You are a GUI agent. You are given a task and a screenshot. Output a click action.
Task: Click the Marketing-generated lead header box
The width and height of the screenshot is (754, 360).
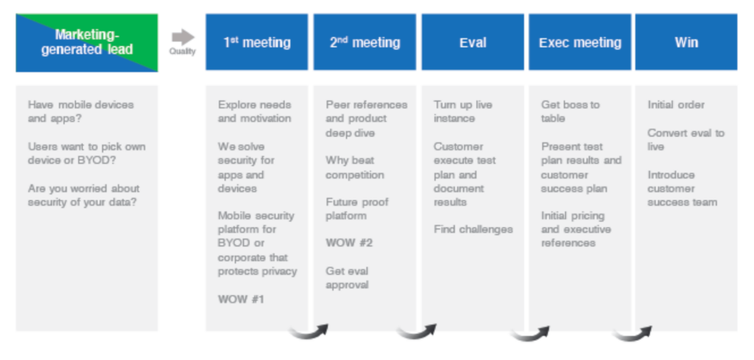tap(87, 43)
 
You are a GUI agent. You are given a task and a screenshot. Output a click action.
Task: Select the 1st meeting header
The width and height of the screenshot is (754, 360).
tap(257, 42)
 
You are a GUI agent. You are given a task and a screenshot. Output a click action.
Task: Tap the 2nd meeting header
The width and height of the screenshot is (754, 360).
tap(364, 42)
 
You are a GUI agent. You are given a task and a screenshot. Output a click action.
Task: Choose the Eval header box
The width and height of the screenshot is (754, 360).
tap(473, 42)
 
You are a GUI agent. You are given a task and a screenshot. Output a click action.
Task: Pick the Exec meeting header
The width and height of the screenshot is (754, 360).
tap(580, 42)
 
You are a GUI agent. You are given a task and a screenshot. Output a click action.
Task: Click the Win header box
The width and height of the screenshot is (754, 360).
tap(686, 42)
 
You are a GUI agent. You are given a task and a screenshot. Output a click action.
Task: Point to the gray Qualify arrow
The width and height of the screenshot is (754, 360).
tap(183, 38)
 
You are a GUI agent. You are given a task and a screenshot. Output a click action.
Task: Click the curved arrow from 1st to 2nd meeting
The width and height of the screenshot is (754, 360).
tap(309, 333)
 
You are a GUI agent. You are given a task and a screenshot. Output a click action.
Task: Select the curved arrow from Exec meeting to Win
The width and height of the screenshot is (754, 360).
tap(633, 334)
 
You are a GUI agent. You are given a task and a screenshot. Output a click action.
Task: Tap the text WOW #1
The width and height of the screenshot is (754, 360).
tap(241, 300)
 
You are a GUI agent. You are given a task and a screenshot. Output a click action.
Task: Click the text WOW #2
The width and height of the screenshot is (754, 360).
tap(349, 243)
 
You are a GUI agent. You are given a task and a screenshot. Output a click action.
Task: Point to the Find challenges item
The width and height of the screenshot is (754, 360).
tap(473, 229)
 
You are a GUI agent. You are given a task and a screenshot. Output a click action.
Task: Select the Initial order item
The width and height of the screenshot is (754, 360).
tap(676, 105)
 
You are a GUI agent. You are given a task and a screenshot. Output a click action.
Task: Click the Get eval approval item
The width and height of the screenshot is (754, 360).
tap(348, 278)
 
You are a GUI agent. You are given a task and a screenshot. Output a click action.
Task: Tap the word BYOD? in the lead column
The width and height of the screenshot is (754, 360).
tap(96, 160)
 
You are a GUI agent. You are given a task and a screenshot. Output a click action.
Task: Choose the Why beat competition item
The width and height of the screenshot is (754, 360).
tap(355, 167)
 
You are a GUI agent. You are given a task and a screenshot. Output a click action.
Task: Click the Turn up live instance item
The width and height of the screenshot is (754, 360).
tap(463, 111)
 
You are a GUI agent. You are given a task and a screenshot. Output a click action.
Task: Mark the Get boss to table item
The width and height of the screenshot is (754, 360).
tap(571, 111)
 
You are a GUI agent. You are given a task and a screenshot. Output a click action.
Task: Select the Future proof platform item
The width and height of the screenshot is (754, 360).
tap(357, 208)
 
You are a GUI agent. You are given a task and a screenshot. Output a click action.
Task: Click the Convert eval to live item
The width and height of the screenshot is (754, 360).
tap(686, 139)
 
